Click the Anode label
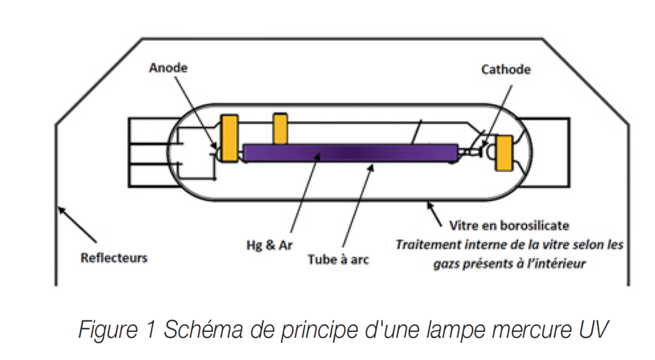click(168, 67)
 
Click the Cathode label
click(505, 69)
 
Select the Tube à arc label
click(338, 260)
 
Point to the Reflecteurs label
click(114, 258)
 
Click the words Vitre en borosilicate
click(509, 226)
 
